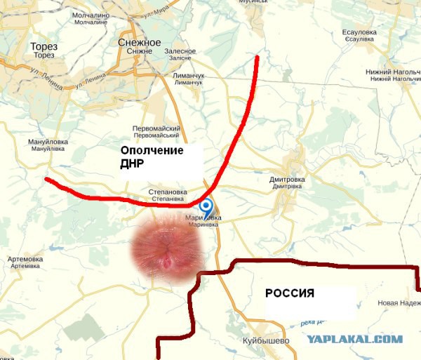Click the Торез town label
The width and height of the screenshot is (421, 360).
tap(44, 47)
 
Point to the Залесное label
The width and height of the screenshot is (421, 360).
tap(180, 51)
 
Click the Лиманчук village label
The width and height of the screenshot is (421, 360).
tap(187, 75)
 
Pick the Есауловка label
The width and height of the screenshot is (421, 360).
tap(361, 32)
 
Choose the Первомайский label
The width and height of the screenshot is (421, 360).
tap(156, 128)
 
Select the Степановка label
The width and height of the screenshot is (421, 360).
tap(168, 191)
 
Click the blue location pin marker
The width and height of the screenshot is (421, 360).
tap(206, 206)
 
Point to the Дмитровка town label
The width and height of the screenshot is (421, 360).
tap(287, 180)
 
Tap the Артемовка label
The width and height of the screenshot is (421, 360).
tap(25, 259)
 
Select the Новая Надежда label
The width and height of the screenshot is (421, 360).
tap(399, 303)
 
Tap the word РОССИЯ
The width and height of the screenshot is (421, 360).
tap(289, 293)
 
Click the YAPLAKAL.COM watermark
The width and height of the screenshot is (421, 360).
tap(354, 339)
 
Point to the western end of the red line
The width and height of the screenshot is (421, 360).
tap(46, 180)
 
